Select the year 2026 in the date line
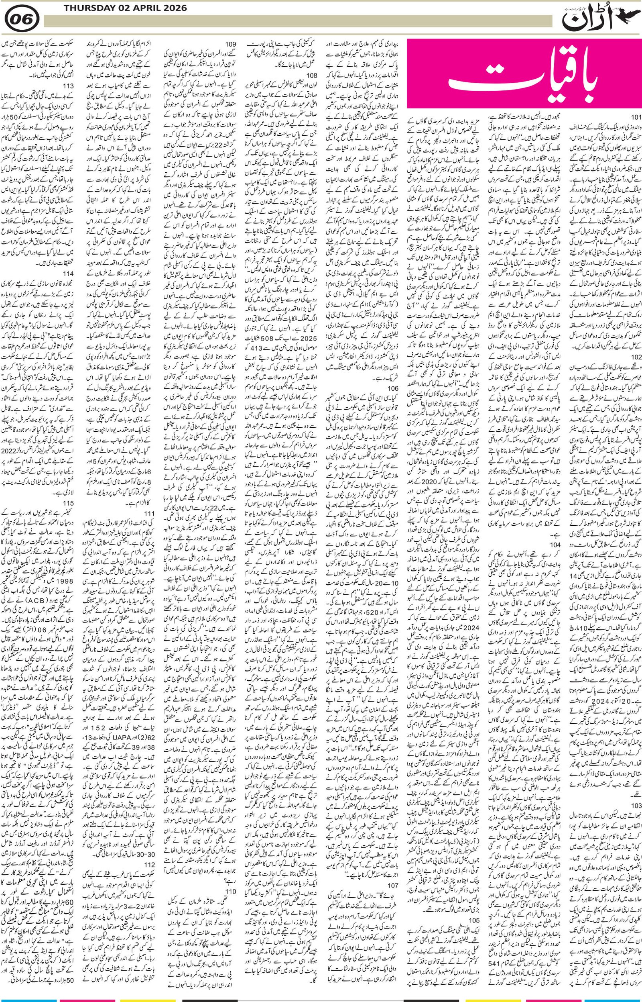click(x=172, y=8)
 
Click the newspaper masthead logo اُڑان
click(x=599, y=19)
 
